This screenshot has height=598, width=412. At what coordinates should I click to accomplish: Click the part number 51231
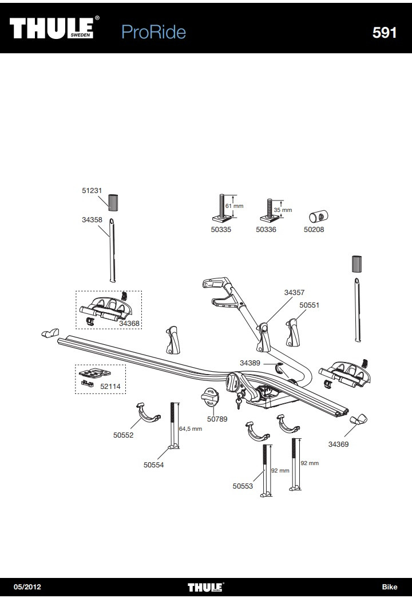pyautogui.click(x=91, y=192)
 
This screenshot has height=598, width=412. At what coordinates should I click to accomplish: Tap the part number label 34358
pyautogui.click(x=92, y=219)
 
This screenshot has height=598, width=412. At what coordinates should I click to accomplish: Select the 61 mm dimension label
pyautogui.click(x=234, y=206)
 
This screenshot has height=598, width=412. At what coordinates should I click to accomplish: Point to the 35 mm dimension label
pyautogui.click(x=283, y=210)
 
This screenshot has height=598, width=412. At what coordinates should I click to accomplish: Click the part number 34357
pyautogui.click(x=295, y=292)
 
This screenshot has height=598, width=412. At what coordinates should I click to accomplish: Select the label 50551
pyautogui.click(x=310, y=305)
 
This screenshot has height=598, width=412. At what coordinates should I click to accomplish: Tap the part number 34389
pyautogui.click(x=250, y=363)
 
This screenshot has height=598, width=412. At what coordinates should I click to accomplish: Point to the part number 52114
pyautogui.click(x=110, y=387)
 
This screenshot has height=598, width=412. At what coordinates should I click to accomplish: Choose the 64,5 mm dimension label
pyautogui.click(x=191, y=428)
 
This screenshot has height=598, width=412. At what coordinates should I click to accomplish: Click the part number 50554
pyautogui.click(x=153, y=465)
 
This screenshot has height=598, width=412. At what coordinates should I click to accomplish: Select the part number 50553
pyautogui.click(x=243, y=486)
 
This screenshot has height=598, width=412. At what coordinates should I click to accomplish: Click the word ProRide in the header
pyautogui.click(x=153, y=32)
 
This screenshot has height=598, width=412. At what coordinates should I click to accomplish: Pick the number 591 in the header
pyautogui.click(x=384, y=33)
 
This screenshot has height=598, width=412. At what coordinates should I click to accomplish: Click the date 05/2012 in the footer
pyautogui.click(x=27, y=587)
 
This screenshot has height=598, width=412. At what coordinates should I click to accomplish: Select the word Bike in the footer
pyautogui.click(x=389, y=587)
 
